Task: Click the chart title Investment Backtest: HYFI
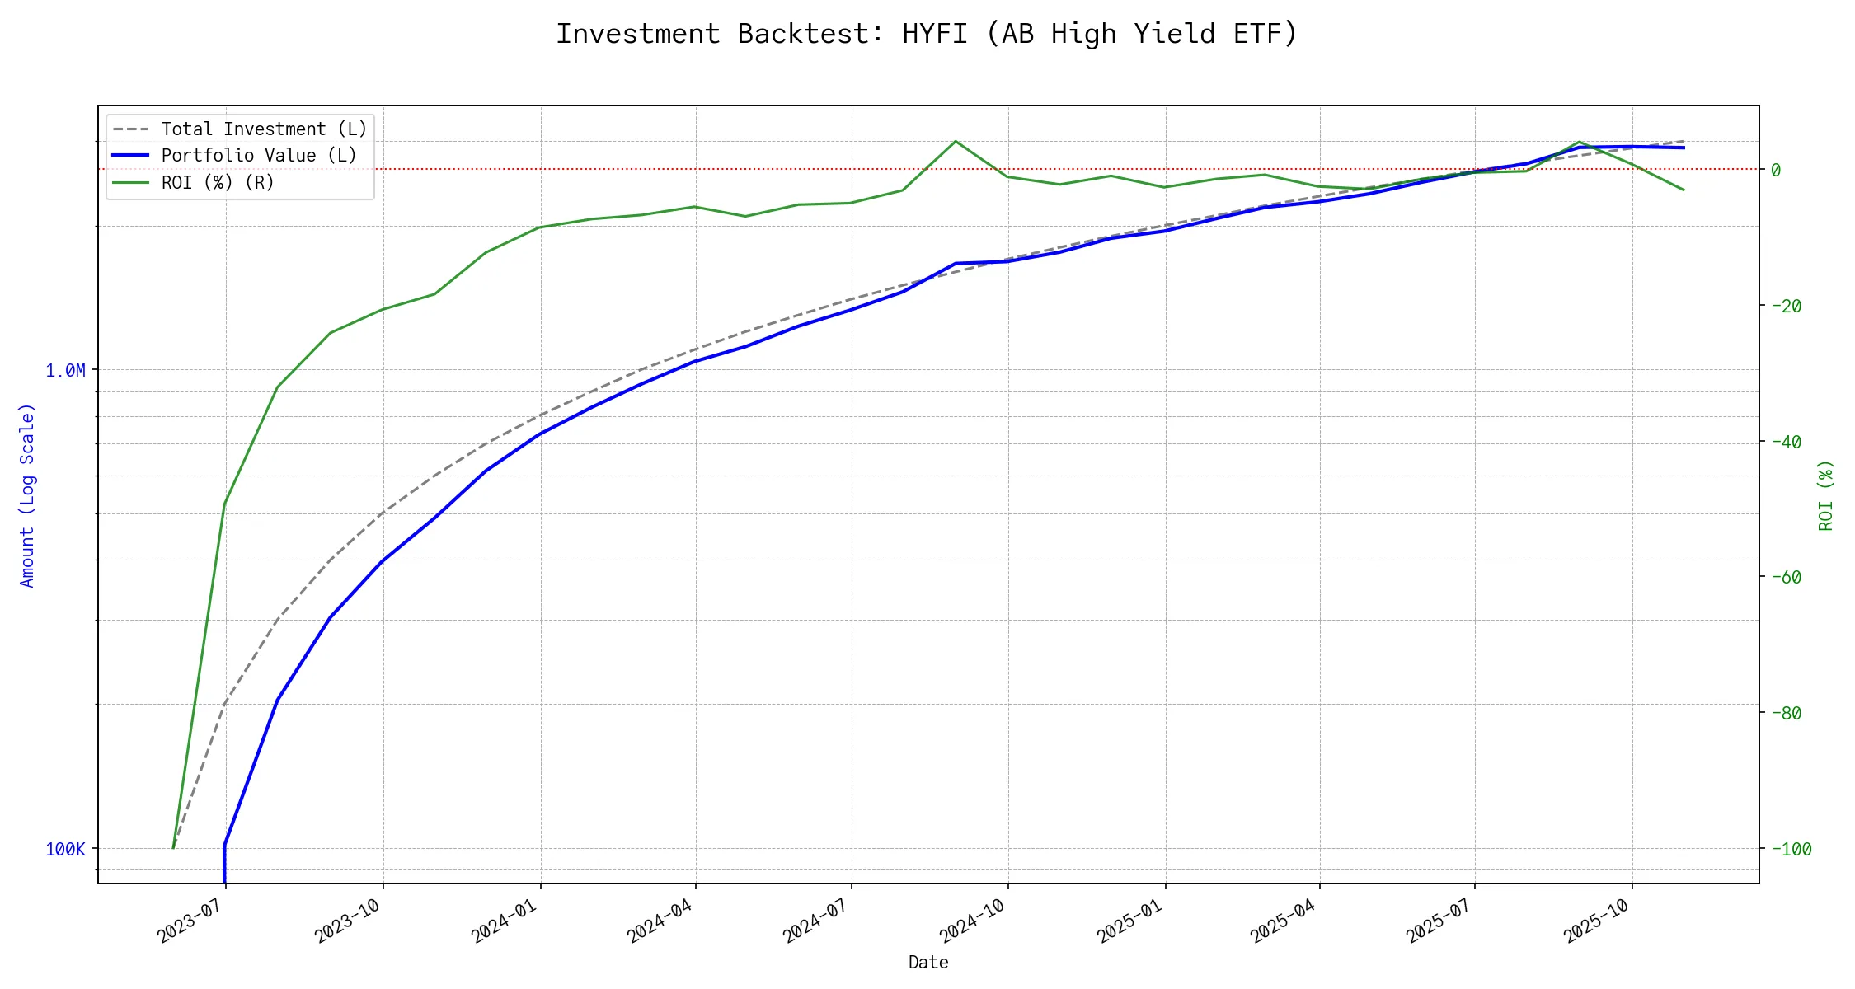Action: click(x=927, y=34)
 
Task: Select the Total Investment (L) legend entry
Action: click(x=264, y=129)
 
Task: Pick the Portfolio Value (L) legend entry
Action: click(x=259, y=156)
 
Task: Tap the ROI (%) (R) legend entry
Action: click(x=218, y=182)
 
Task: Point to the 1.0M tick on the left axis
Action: click(x=66, y=371)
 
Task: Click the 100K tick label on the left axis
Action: click(x=66, y=849)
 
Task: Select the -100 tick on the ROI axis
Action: click(x=1792, y=849)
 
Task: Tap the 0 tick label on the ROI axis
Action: click(x=1776, y=170)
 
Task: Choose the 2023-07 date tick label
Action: click(x=190, y=921)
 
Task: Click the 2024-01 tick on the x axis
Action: click(x=505, y=921)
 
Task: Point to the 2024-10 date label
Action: click(x=973, y=921)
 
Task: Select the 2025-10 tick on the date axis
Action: click(x=1597, y=921)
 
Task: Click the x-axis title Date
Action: click(x=928, y=963)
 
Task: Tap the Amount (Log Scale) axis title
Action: click(x=28, y=494)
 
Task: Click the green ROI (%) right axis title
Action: click(x=1825, y=494)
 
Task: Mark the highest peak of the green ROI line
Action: click(x=955, y=141)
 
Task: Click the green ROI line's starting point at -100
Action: click(x=173, y=847)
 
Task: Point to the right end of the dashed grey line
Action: click(x=1684, y=141)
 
